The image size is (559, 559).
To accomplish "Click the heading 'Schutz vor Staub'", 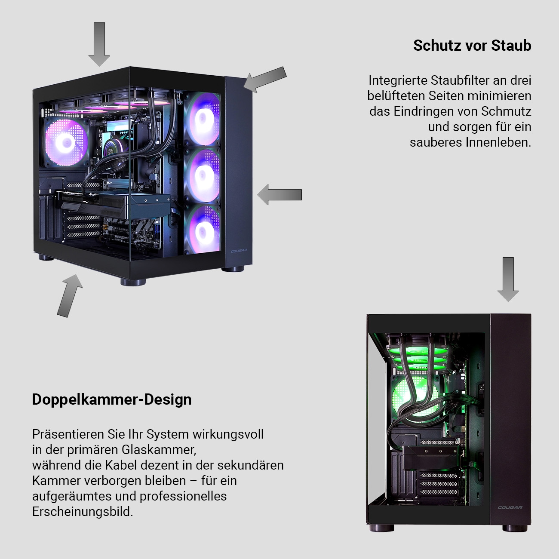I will point(472,46).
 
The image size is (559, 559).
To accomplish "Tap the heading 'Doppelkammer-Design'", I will point(112,399).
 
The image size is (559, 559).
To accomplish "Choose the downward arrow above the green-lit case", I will point(508,279).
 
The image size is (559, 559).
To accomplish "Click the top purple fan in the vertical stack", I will point(202,120).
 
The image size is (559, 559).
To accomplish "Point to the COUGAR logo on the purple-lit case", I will point(239,252).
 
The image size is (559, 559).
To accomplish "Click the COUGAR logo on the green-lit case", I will point(510,507).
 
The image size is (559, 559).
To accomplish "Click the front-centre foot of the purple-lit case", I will point(133,282).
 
